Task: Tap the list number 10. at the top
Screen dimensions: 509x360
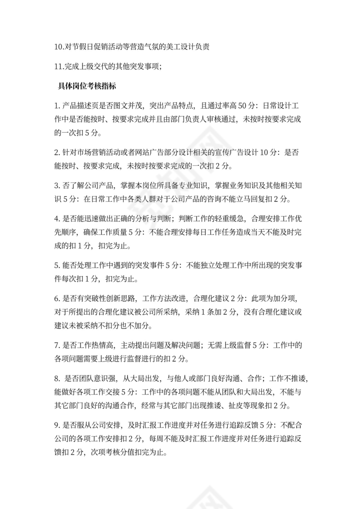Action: click(60, 47)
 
